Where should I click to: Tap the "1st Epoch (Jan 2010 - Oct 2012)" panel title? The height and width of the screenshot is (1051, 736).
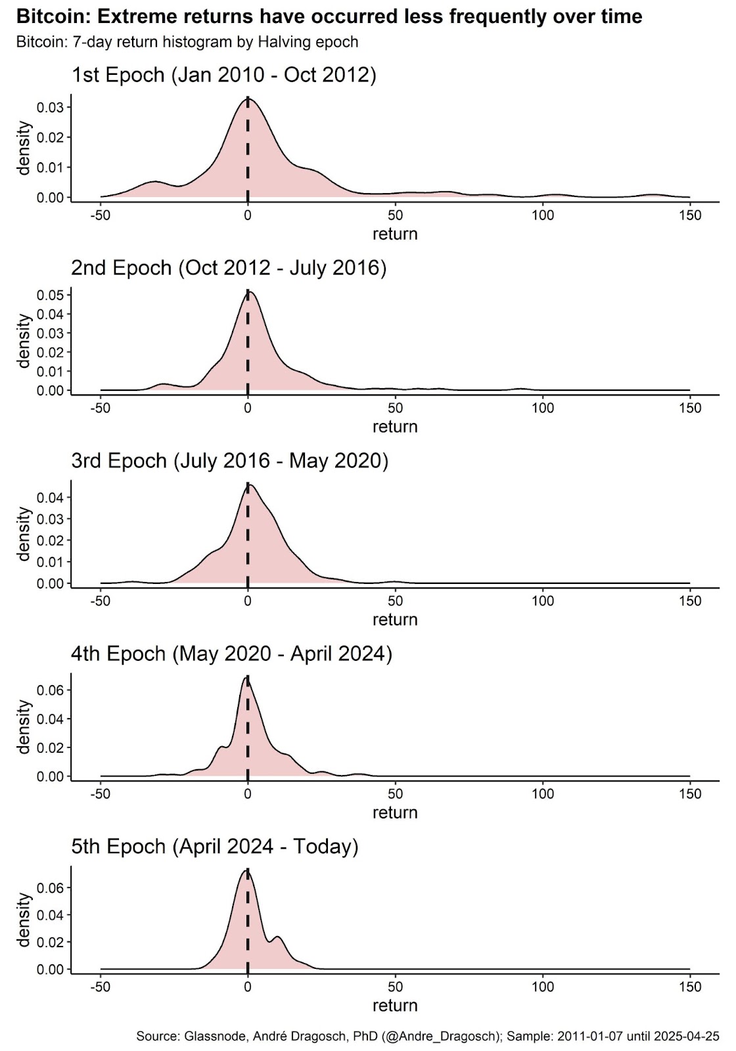pos(223,75)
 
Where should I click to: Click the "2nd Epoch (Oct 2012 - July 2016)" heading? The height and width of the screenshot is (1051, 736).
pos(229,268)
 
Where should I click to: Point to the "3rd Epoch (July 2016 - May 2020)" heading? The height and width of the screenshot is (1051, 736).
pos(229,461)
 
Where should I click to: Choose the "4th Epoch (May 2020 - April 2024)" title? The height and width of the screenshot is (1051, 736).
pos(231,654)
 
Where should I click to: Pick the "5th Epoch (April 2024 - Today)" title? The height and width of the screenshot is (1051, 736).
pos(215,847)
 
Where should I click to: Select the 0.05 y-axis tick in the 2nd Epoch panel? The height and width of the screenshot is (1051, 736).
pos(50,296)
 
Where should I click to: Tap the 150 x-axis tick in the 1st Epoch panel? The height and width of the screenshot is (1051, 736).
pos(690,215)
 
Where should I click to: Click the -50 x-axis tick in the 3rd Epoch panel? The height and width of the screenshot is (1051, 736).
pos(100,601)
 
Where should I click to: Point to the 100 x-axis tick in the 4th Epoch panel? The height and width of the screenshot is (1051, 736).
pos(543,794)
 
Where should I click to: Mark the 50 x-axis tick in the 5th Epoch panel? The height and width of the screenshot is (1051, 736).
pos(395,987)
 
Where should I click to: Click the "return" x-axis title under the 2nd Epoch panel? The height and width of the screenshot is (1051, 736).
pos(395,427)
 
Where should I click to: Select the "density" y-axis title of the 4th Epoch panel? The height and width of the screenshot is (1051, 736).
pos(24,727)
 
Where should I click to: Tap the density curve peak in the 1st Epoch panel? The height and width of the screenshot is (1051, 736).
pos(248,98)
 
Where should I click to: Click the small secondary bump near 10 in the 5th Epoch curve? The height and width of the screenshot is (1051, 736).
pos(278,937)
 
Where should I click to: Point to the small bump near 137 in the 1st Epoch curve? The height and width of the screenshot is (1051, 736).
pos(653,194)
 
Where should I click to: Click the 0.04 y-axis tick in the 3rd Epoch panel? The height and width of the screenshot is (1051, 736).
pos(50,498)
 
